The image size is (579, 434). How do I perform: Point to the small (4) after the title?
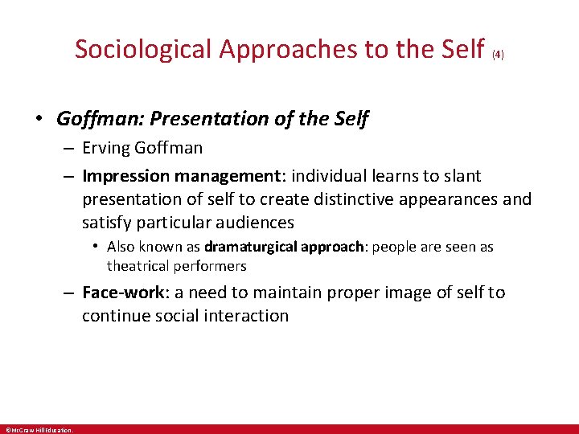(x=498, y=55)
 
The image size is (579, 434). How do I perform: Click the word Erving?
(x=107, y=148)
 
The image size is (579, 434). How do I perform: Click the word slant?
(x=462, y=175)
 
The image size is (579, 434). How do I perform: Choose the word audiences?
(x=253, y=222)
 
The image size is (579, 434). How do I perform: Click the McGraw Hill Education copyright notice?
(x=39, y=430)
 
